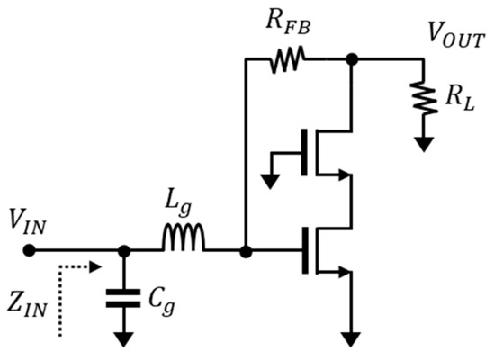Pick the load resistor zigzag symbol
tap(422, 97)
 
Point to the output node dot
tap(352, 60)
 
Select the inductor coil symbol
tap(184, 239)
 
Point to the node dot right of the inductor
tap(245, 250)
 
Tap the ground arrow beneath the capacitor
tap(124, 337)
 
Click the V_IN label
tap(27, 220)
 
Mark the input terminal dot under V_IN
tap(30, 250)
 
